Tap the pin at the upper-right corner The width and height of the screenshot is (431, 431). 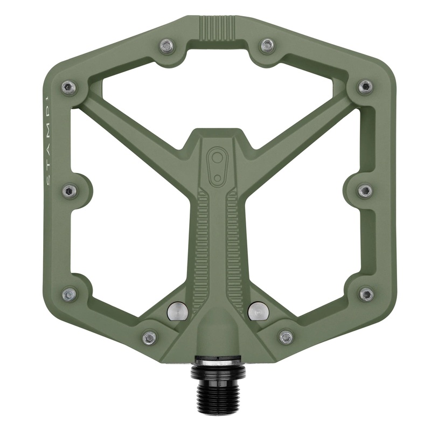point(365,86)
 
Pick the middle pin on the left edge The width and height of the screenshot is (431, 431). point(69,191)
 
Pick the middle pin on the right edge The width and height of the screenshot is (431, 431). point(365,191)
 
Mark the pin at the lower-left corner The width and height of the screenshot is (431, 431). point(68,295)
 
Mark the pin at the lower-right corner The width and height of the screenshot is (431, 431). point(366,295)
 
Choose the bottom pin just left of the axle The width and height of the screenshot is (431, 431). point(149,338)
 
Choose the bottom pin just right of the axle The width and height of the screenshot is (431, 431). point(286,338)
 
